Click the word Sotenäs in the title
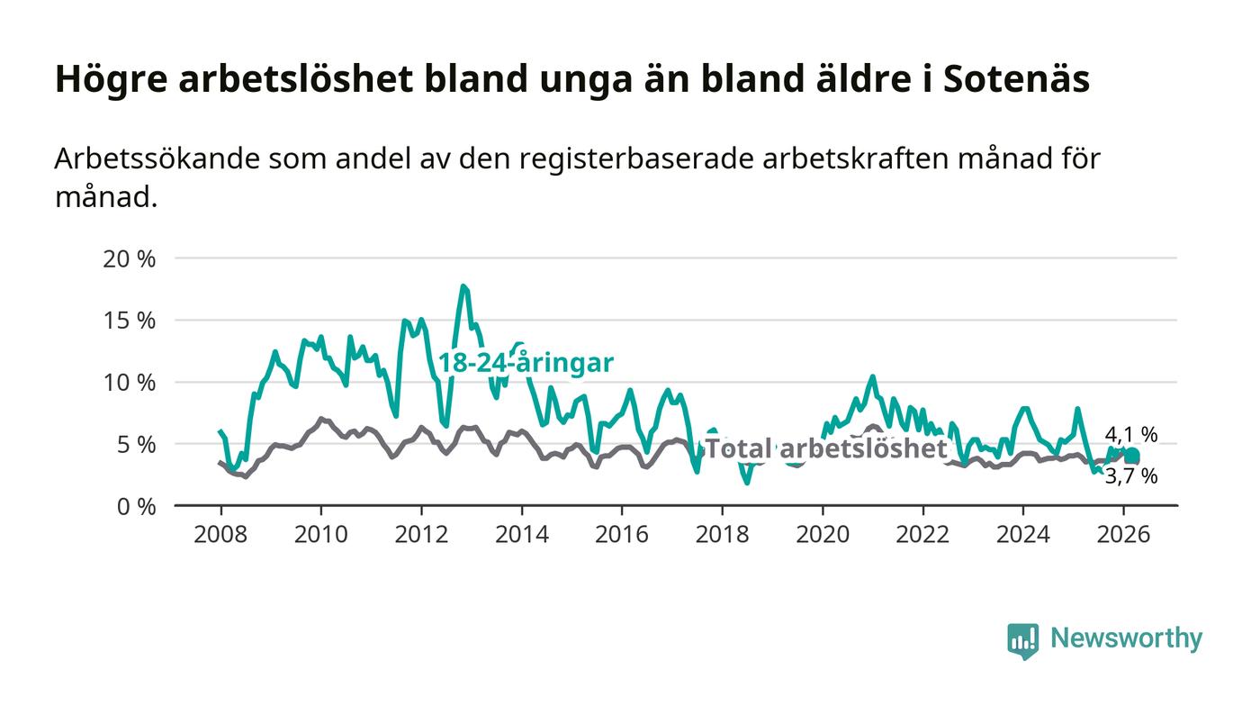(x=1017, y=79)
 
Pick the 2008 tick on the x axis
(x=220, y=534)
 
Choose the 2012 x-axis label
(x=421, y=534)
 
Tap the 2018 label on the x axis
(x=723, y=534)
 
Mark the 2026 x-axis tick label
(x=1124, y=534)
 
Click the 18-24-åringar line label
(x=526, y=363)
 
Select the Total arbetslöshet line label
(x=825, y=448)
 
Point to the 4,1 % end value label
(x=1131, y=435)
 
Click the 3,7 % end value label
(x=1131, y=476)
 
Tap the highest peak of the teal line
(x=463, y=286)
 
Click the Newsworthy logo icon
(x=1022, y=640)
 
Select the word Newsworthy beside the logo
(x=1126, y=638)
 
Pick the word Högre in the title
(x=110, y=79)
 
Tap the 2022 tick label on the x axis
(x=923, y=534)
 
